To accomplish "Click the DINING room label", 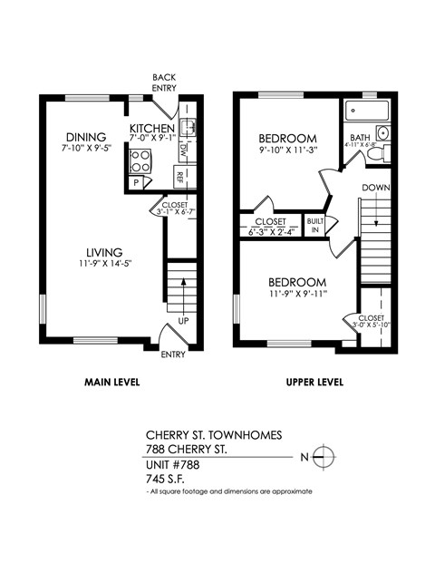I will click(84, 138).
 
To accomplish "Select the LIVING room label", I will click(105, 252).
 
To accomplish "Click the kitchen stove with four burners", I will click(141, 161).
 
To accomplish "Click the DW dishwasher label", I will click(183, 148).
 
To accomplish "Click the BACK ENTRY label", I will click(165, 83).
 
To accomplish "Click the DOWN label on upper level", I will click(376, 187).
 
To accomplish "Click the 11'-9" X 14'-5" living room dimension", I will click(105, 265).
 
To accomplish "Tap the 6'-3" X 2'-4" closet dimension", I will click(270, 232).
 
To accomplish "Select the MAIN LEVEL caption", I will click(111, 382).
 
